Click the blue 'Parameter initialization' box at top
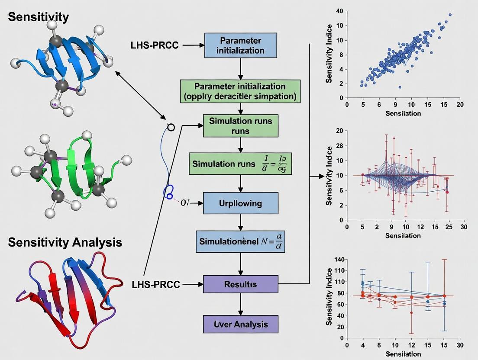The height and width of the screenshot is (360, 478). (241, 45)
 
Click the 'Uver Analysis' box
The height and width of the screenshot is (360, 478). (240, 324)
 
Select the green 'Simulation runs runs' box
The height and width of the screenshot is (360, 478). (240, 125)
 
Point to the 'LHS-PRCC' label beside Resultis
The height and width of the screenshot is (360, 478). (155, 285)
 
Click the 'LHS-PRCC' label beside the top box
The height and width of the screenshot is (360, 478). (154, 45)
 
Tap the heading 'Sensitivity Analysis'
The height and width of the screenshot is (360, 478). (65, 242)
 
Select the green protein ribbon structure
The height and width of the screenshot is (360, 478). (74, 173)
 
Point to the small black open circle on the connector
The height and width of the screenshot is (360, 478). (171, 127)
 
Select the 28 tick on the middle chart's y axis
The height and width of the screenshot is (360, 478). (339, 145)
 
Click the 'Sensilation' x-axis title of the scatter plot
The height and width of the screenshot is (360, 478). (402, 113)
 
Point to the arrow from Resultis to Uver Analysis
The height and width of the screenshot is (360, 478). (240, 304)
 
